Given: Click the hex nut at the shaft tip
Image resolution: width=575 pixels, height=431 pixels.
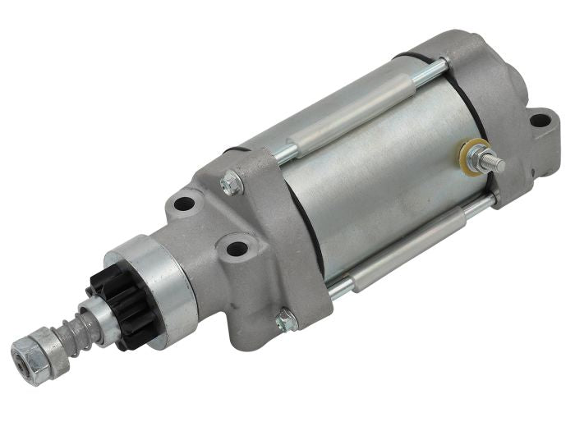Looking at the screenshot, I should [27, 356].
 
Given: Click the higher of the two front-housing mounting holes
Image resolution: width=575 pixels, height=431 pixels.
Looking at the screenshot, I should [184, 203].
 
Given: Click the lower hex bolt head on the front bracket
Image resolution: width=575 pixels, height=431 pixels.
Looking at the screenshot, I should [286, 321].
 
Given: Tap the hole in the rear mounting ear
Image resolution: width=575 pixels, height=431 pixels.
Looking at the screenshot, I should [538, 121].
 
